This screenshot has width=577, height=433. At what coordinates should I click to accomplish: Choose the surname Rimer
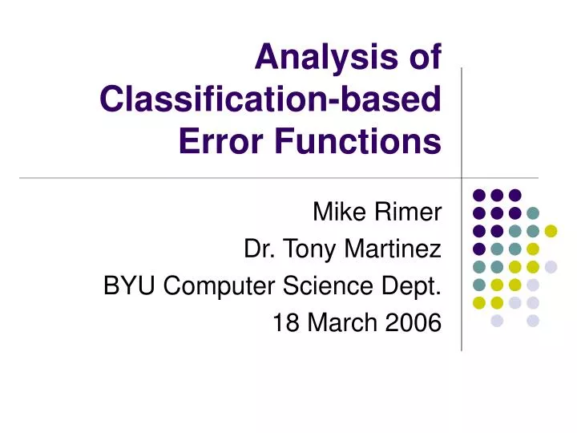tap(412, 212)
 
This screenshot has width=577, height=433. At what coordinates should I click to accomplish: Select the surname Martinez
tap(393, 249)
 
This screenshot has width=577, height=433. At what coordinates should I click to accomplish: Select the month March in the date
tap(340, 323)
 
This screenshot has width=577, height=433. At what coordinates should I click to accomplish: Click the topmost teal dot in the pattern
tap(533, 212)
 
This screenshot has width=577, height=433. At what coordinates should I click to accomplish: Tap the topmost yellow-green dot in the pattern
tap(551, 231)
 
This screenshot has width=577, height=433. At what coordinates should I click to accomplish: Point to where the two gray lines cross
tap(462, 177)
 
